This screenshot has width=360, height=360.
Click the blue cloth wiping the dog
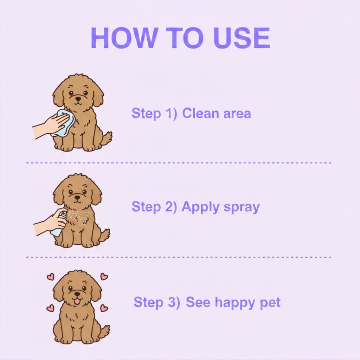point(63,123)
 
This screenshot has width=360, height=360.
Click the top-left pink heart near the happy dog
point(51,277)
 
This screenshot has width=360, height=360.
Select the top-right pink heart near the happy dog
point(104,276)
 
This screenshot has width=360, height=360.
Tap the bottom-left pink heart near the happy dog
point(50,308)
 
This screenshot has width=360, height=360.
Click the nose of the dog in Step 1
point(78,99)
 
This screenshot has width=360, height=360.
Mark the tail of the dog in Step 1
point(106,138)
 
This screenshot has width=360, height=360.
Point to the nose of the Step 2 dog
point(78,198)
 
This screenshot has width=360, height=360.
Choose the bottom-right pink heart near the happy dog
point(104,308)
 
